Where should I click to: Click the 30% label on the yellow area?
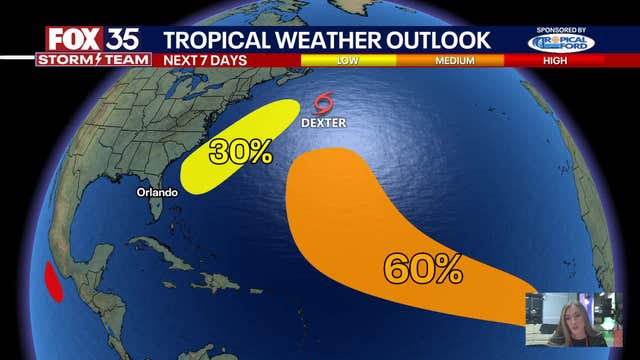[x=240, y=152]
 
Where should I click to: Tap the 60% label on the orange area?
[x=423, y=267]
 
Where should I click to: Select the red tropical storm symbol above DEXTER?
[x=323, y=103]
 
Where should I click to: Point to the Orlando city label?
[x=157, y=191]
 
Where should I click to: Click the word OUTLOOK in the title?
[x=440, y=39]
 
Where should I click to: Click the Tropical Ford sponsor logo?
[x=561, y=44]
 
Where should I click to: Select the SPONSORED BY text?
[x=561, y=31]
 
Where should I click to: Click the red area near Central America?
[x=52, y=281]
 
